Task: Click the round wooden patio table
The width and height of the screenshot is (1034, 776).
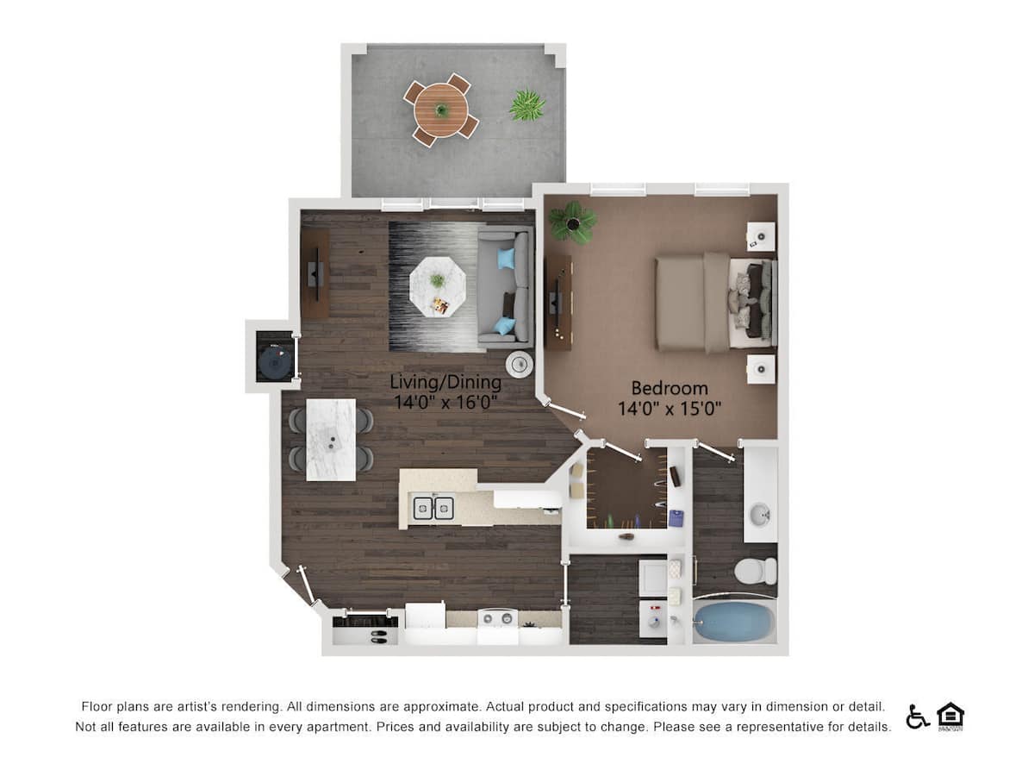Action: (440, 110)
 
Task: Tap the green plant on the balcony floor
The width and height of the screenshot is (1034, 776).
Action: (527, 105)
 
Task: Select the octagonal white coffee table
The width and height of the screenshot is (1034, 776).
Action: (438, 286)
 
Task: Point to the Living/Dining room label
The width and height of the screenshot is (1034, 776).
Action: (445, 382)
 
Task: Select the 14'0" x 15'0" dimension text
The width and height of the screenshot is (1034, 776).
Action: (669, 409)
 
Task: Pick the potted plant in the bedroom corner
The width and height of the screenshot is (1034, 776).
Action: (573, 222)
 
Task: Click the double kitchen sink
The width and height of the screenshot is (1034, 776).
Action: (433, 509)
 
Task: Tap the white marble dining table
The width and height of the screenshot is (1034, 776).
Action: (331, 439)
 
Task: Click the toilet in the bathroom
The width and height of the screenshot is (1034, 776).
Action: (758, 571)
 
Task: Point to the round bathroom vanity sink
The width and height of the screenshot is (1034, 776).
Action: (760, 516)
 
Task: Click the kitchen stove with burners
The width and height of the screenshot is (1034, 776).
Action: (497, 620)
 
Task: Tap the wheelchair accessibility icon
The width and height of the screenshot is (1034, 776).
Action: (917, 717)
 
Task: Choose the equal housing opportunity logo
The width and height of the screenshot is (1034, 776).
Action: (950, 717)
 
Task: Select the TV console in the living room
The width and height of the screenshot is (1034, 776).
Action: (315, 274)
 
